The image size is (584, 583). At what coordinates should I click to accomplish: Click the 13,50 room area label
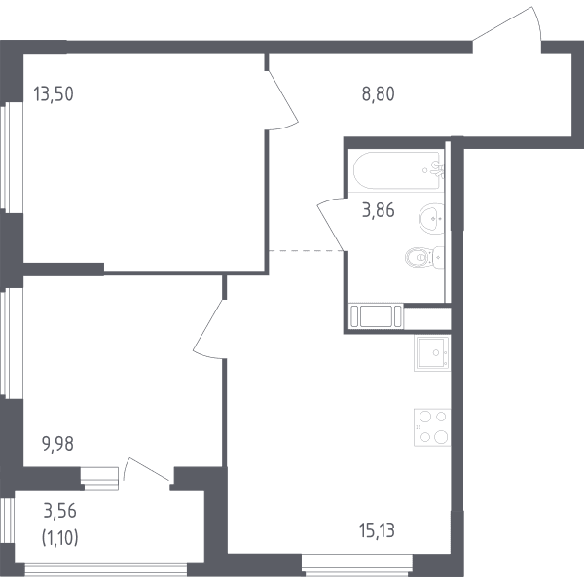click(54, 93)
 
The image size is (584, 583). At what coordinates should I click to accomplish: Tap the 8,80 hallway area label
click(378, 93)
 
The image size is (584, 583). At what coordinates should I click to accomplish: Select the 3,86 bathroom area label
click(378, 210)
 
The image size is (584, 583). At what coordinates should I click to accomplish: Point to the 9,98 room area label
click(57, 444)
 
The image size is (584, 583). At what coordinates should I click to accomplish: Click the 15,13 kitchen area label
click(377, 530)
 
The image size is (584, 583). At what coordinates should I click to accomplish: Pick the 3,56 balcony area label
click(60, 511)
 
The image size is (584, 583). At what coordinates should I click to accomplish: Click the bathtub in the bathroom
click(398, 170)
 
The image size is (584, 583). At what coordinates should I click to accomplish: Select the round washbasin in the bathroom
click(432, 219)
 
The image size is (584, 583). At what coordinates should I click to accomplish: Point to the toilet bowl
click(424, 257)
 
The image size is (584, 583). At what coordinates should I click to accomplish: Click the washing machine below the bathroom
click(376, 316)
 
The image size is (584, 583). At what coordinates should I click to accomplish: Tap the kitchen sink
click(432, 352)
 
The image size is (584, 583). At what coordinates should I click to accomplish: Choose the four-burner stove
click(432, 427)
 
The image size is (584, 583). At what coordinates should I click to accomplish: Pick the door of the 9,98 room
click(208, 329)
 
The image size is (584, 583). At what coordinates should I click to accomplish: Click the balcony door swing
click(147, 470)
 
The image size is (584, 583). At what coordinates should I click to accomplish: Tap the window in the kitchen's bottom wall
click(357, 565)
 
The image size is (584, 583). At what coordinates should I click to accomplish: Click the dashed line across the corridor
click(307, 251)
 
